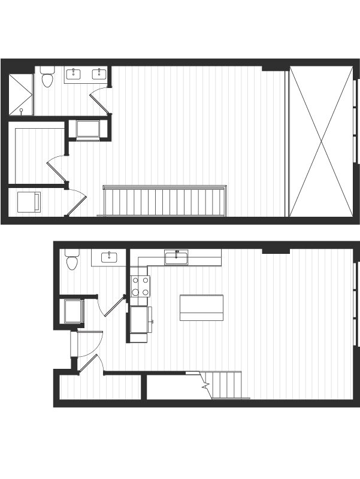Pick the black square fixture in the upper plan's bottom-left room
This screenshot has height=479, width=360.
(27, 202)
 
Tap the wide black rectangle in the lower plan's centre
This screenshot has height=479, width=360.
(202, 305)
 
